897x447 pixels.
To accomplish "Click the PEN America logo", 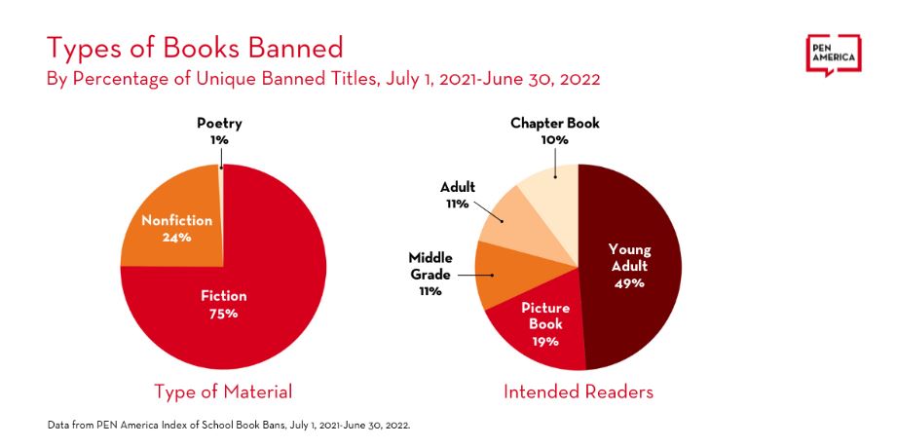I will pyautogui.click(x=833, y=56).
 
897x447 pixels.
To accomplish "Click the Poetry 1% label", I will pyautogui.click(x=219, y=131).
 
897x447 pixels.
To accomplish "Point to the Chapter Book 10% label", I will pyautogui.click(x=554, y=131).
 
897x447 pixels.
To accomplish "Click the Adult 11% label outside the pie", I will pyautogui.click(x=457, y=195).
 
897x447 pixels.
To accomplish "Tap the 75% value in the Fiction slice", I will pyautogui.click(x=224, y=314).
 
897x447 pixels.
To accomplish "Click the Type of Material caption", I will pyautogui.click(x=223, y=391).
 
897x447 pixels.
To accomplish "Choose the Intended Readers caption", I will pyautogui.click(x=578, y=391).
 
